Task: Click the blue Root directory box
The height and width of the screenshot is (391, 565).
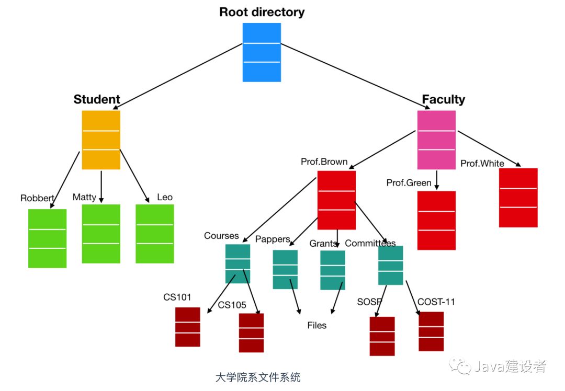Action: click(262, 52)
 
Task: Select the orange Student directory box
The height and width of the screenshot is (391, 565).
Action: click(101, 140)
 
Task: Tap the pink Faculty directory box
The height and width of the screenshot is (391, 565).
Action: click(436, 140)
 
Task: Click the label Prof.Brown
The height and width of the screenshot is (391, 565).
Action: click(324, 162)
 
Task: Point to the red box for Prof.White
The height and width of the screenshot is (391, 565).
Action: click(518, 198)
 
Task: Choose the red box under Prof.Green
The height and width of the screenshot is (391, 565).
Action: click(436, 221)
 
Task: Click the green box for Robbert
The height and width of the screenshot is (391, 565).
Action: click(47, 238)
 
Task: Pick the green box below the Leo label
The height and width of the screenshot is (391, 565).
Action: click(154, 234)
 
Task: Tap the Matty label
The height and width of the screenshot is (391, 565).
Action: click(84, 197)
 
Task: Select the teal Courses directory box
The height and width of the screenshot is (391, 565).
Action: click(238, 263)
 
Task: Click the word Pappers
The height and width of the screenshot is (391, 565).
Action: click(273, 239)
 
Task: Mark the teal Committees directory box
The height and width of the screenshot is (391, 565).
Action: click(391, 266)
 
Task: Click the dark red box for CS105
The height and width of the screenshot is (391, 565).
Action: click(251, 332)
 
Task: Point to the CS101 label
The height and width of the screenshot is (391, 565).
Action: click(177, 297)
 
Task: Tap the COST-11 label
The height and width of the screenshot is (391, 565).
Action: click(436, 302)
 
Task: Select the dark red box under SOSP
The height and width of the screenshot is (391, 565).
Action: click(382, 336)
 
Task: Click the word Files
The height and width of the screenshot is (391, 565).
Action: click(317, 326)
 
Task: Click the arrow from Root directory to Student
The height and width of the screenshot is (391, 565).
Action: click(178, 76)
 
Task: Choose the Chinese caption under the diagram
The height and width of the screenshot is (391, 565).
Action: click(257, 377)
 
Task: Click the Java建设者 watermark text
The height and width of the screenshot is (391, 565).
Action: click(510, 366)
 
